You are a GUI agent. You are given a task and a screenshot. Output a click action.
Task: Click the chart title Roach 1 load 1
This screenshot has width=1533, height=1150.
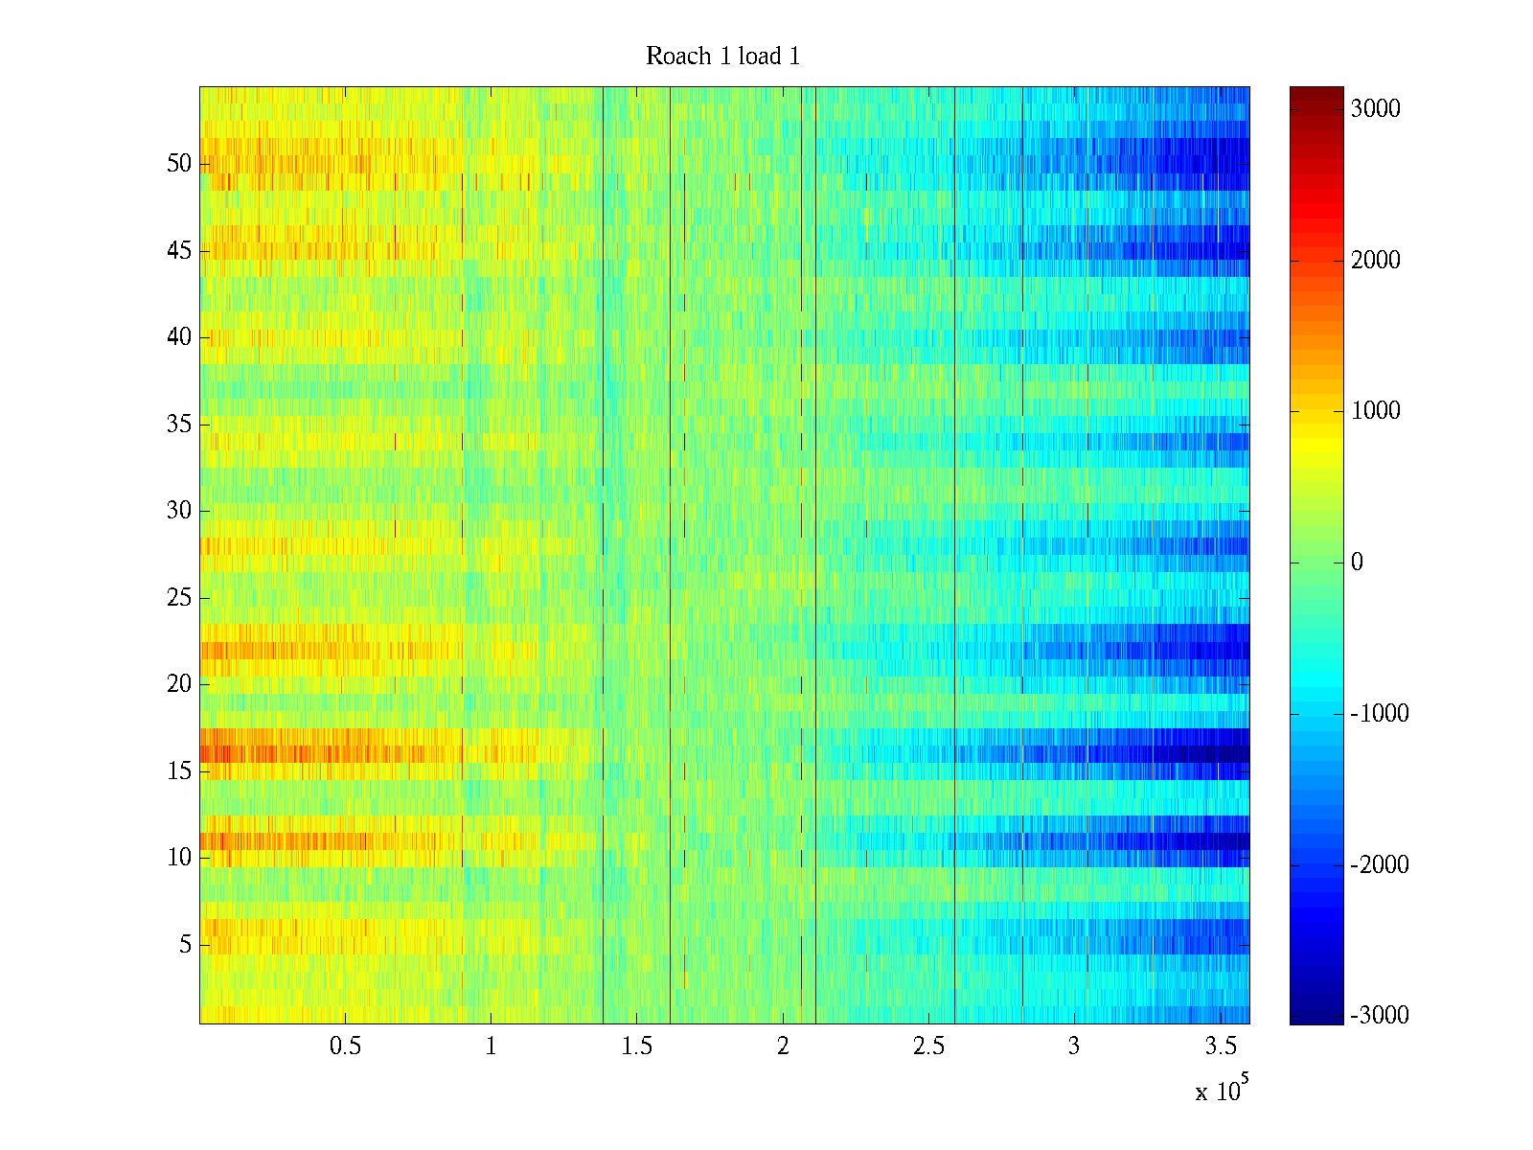(722, 57)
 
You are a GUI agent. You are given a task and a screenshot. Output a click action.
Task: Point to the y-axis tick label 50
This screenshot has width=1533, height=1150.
(179, 164)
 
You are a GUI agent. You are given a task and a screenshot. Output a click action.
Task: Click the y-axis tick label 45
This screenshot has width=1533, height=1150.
(179, 251)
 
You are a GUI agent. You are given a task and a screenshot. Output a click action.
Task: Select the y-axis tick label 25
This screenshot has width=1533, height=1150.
(179, 598)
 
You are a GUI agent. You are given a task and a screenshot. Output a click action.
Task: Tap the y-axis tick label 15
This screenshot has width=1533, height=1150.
(179, 771)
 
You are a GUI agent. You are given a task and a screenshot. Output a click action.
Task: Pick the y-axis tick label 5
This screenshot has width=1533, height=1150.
(185, 945)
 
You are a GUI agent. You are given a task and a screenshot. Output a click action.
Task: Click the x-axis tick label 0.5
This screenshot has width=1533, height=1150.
(345, 1046)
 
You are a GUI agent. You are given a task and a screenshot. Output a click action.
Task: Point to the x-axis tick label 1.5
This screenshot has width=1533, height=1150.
(636, 1046)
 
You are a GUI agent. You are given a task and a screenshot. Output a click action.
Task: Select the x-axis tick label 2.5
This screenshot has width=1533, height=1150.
(927, 1046)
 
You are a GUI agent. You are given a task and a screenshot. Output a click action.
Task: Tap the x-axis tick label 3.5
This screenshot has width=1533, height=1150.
(1220, 1046)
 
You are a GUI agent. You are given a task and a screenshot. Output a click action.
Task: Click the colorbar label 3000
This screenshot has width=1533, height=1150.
(1375, 109)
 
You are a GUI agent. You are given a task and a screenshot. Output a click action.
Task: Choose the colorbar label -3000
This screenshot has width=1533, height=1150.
(1379, 1016)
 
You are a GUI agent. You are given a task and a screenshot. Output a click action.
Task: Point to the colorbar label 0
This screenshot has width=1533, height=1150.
(1357, 563)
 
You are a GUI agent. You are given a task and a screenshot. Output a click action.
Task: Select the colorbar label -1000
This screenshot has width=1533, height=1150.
(1379, 714)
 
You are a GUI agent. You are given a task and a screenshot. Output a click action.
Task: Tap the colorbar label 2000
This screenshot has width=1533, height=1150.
(1375, 261)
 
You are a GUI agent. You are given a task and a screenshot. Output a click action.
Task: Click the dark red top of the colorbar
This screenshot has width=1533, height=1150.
(1316, 92)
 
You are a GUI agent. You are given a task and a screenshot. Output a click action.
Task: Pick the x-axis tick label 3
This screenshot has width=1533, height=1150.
(1074, 1046)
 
